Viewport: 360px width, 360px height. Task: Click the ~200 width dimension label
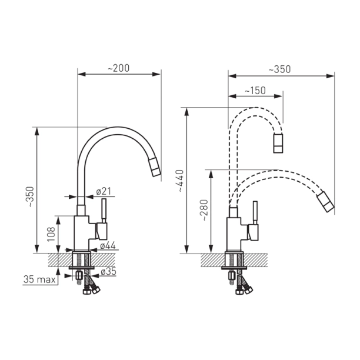(118, 68)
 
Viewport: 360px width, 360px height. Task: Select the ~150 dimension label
(255, 91)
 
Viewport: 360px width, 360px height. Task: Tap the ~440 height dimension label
(180, 181)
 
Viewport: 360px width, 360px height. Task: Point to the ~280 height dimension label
(204, 211)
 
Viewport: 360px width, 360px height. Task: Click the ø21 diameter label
(104, 191)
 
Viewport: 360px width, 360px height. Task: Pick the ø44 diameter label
(108, 245)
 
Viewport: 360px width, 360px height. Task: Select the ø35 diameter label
(109, 272)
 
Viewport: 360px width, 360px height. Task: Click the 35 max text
(39, 279)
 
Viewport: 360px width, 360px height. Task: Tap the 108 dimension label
(51, 234)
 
